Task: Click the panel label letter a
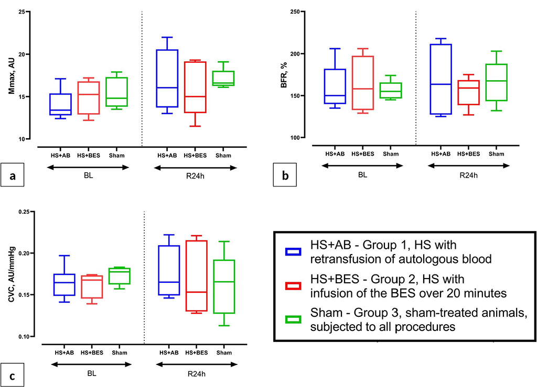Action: (13, 177)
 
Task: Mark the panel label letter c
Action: (13, 375)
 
